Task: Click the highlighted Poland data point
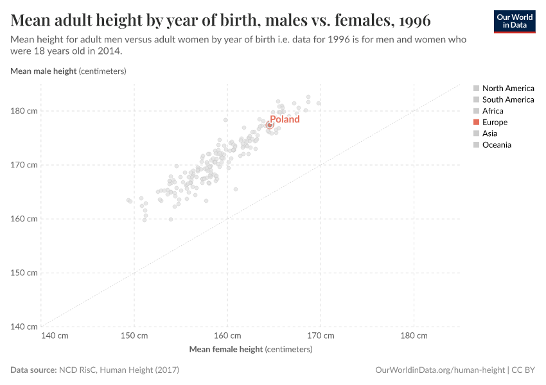coord(270,125)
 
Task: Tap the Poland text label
coord(285,119)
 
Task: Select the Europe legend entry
coord(494,122)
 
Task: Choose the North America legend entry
coord(507,88)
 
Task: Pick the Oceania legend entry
coord(497,145)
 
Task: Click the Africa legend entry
coord(493,111)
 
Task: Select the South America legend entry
coord(507,99)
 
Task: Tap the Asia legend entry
coord(489,133)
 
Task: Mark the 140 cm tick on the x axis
coord(54,336)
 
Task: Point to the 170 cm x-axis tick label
coord(321,336)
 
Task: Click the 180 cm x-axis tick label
coord(414,336)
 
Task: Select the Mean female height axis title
coord(251,350)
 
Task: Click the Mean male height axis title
coord(68,71)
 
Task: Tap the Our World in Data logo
coord(514,21)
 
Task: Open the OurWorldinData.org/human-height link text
coord(439,370)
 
